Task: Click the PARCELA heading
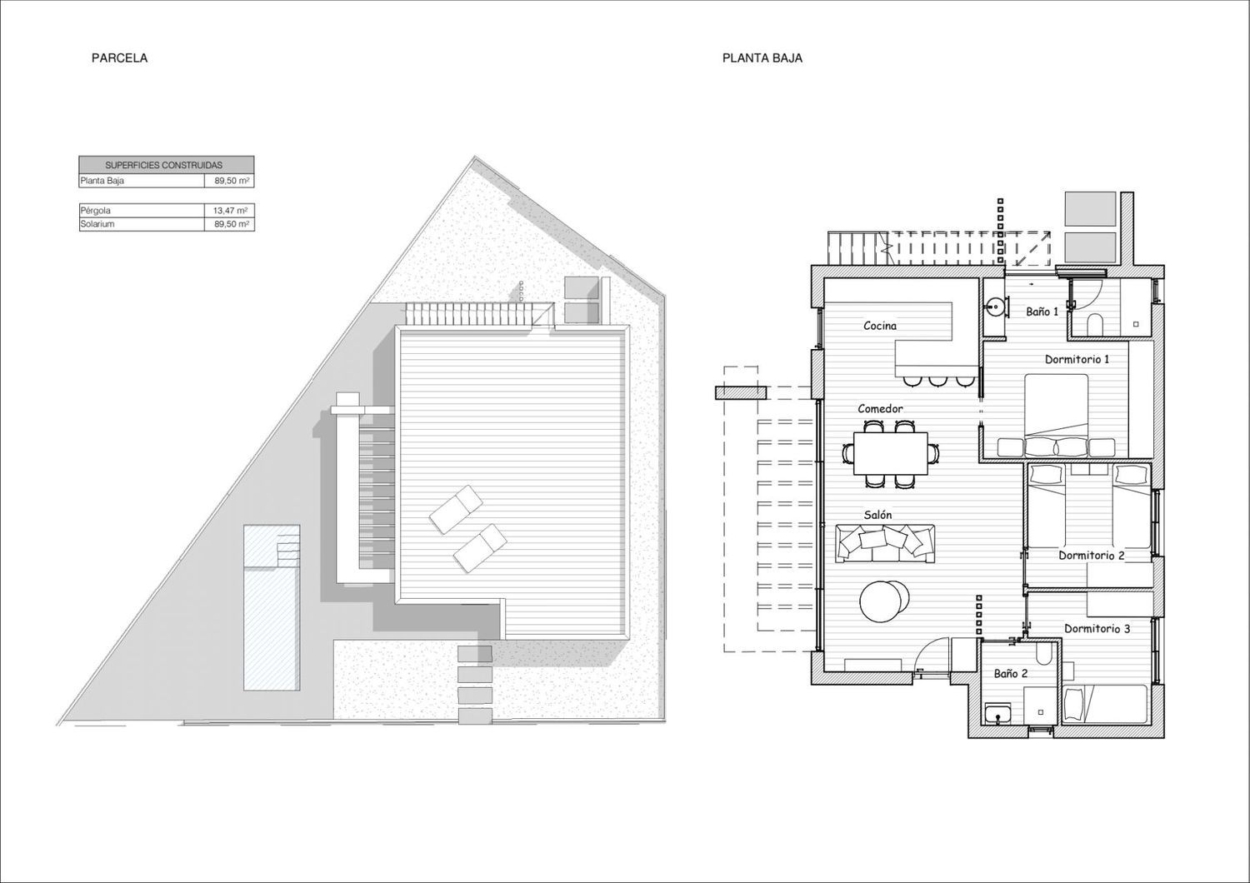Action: click(x=119, y=58)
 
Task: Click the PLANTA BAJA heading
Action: click(x=762, y=58)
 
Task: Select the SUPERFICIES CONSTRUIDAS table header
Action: click(x=163, y=165)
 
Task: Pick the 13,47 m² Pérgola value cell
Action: click(x=230, y=210)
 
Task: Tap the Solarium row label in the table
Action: click(x=97, y=224)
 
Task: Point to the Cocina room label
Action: click(x=880, y=326)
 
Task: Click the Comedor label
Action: click(x=880, y=409)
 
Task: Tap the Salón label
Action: click(x=877, y=515)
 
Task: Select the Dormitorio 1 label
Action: click(x=1077, y=359)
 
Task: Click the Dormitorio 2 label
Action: click(x=1092, y=555)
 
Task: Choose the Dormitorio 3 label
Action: click(x=1097, y=629)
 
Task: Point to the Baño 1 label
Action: click(x=1042, y=312)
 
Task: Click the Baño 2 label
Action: click(x=1011, y=674)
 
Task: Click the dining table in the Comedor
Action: click(x=891, y=453)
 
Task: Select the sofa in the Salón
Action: click(x=885, y=543)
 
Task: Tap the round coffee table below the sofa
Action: click(x=885, y=601)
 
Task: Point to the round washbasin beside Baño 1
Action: click(x=995, y=307)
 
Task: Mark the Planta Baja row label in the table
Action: click(x=102, y=181)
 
